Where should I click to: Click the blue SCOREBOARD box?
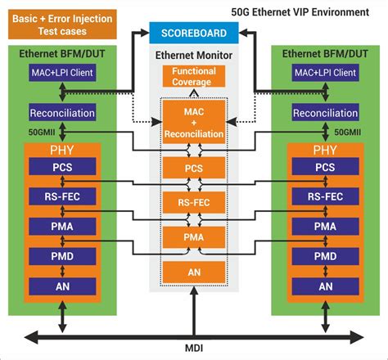pos(193,33)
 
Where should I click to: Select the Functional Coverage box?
pos(193,77)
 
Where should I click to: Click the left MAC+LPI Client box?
pos(61,74)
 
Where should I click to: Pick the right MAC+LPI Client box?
pos(326,74)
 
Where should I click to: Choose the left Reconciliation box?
pos(61,112)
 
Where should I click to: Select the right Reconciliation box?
pos(326,112)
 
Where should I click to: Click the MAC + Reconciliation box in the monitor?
pos(193,121)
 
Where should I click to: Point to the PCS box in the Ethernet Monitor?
pos(193,168)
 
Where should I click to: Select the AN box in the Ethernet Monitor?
pos(193,272)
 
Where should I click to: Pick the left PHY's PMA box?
pos(61,226)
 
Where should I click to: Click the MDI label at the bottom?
pos(195,348)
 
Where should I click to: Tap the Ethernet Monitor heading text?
pos(193,55)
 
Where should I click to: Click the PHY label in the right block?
pos(326,150)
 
